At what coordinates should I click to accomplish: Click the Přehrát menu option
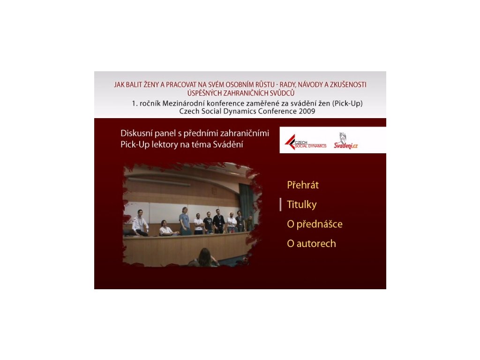(303, 185)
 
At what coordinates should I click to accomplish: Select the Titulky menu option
(301, 204)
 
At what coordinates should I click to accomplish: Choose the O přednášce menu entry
(315, 224)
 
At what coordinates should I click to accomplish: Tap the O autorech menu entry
(311, 244)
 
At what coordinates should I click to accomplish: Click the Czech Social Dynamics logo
(305, 142)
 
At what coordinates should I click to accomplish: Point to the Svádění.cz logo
(345, 141)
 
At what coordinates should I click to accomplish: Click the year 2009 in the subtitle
(307, 111)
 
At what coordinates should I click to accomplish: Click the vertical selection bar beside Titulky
(280, 204)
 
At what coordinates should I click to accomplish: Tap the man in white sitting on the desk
(140, 223)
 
